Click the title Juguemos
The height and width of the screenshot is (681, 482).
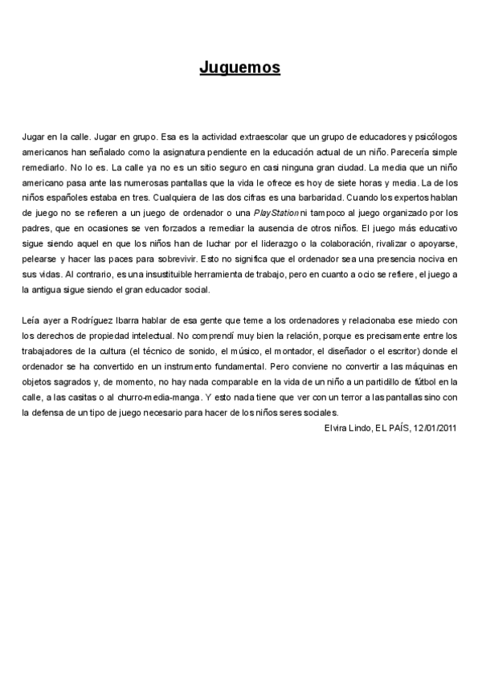click(240, 68)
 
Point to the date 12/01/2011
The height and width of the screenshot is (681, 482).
click(435, 427)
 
